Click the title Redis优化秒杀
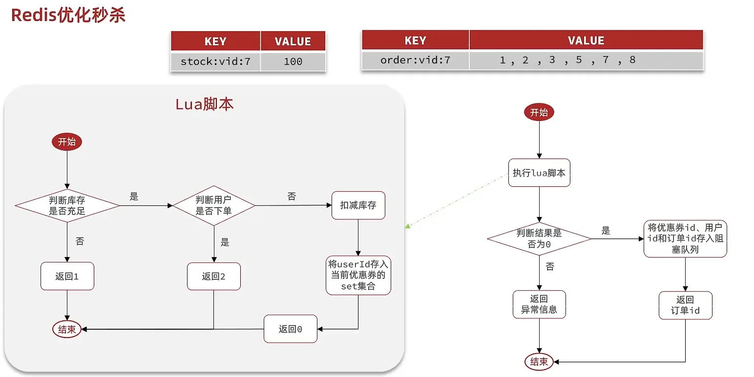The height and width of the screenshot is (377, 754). click(x=68, y=15)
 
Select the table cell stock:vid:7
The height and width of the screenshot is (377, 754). click(x=215, y=61)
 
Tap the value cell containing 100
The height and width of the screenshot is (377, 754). click(x=293, y=61)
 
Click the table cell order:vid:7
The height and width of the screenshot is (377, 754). click(x=415, y=60)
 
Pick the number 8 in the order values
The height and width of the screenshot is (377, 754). click(x=632, y=60)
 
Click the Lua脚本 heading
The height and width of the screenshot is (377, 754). click(x=204, y=104)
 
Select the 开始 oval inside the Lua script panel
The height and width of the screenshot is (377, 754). click(x=67, y=142)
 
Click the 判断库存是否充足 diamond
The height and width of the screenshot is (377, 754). click(x=67, y=206)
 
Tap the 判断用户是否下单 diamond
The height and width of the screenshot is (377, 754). click(x=214, y=206)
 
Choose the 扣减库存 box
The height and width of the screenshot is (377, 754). click(x=358, y=205)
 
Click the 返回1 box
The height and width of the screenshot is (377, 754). click(x=67, y=277)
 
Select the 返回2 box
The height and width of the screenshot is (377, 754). click(x=214, y=277)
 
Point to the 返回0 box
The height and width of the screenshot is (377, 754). click(x=291, y=329)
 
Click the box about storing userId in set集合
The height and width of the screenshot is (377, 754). click(x=358, y=275)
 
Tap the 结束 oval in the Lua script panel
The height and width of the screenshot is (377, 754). click(x=67, y=329)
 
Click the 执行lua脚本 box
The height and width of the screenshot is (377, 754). click(x=539, y=173)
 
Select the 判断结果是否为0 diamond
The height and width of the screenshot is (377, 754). click(x=539, y=238)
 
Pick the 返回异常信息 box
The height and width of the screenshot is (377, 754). click(x=539, y=304)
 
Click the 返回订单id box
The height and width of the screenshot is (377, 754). click(x=685, y=305)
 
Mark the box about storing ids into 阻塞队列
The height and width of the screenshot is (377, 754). click(x=685, y=238)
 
